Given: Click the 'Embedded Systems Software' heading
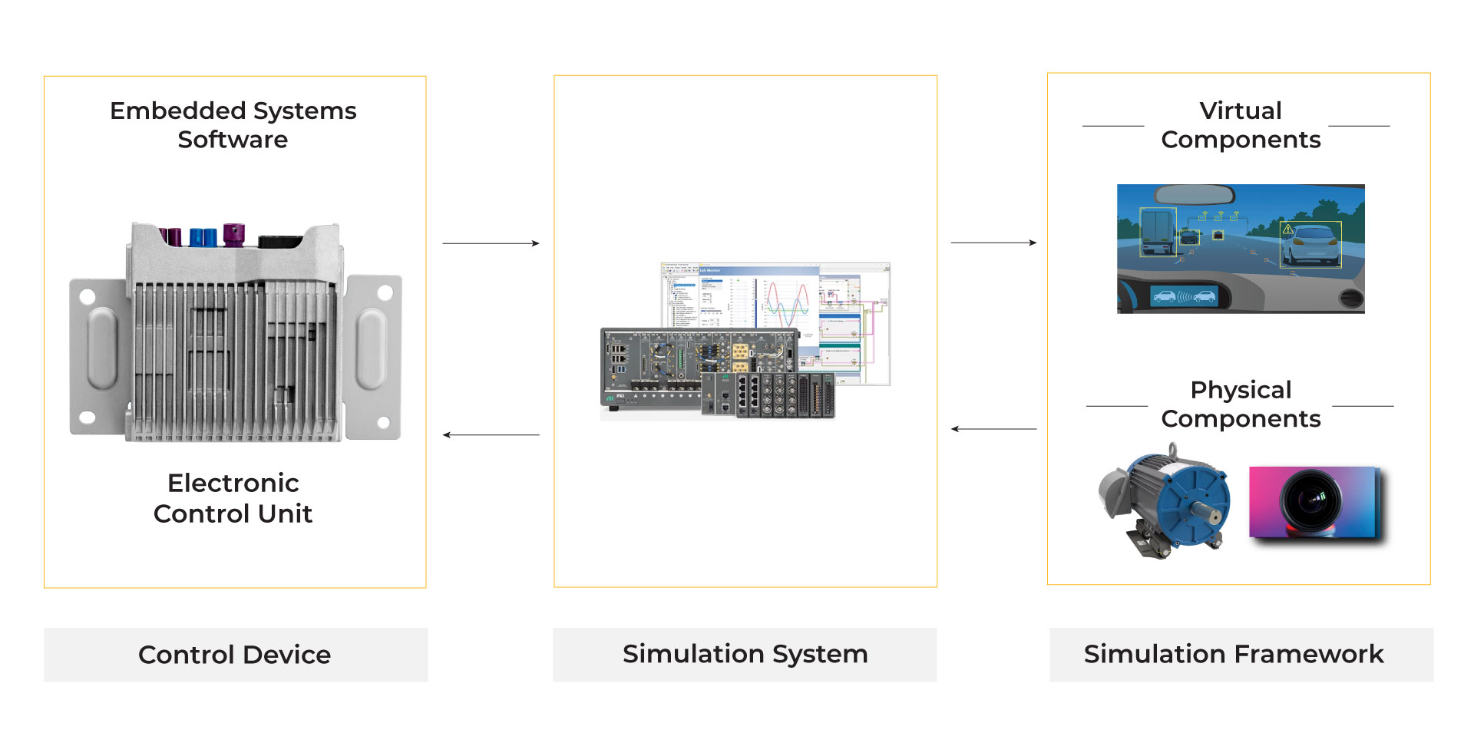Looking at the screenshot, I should (233, 125).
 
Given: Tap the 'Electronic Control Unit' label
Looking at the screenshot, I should (233, 498).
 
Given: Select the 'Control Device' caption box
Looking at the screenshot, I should (235, 655).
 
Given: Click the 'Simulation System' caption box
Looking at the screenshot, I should (745, 654).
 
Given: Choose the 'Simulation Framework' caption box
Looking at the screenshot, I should (1241, 654).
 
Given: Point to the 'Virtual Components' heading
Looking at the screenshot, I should (1241, 125).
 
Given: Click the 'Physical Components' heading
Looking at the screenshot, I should (1241, 404).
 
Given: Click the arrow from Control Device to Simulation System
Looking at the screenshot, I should (491, 243).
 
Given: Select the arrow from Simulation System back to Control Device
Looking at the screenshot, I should (491, 435).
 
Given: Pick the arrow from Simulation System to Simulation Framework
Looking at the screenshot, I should (993, 243).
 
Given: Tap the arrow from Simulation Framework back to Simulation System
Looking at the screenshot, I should (993, 429).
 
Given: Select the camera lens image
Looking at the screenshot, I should (1315, 502).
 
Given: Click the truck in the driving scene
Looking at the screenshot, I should (1157, 229).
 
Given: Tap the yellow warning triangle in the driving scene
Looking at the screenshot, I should (1288, 229).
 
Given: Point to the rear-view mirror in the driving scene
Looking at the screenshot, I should (1195, 195).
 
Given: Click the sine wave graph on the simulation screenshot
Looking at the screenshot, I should (788, 303).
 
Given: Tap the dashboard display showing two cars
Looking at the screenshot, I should (1185, 296).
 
